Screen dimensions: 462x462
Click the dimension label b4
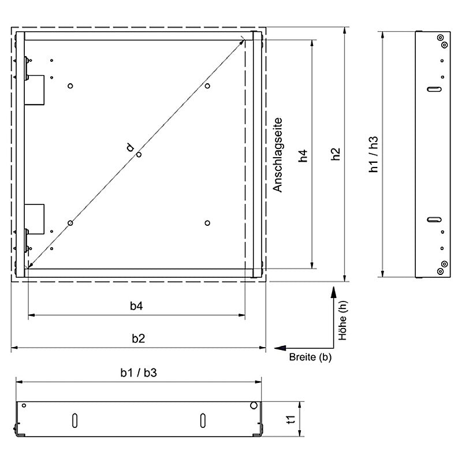[136, 306]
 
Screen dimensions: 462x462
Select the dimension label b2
[138, 338]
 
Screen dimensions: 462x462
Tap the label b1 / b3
[139, 372]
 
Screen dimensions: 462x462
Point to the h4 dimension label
[303, 156]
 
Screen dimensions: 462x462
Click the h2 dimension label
[336, 154]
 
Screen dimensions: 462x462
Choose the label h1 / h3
[373, 154]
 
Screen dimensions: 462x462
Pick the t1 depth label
[291, 419]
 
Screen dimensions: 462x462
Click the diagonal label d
[130, 147]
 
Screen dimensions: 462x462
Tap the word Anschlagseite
[277, 155]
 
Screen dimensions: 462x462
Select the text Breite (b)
[310, 357]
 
